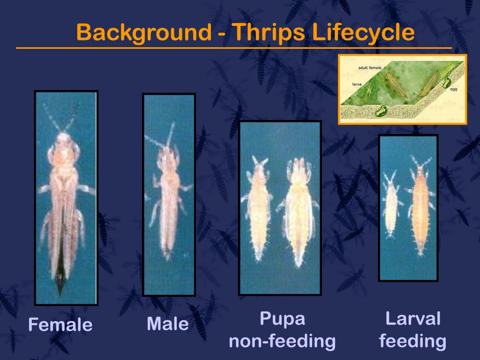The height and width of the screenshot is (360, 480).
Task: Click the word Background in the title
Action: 143,33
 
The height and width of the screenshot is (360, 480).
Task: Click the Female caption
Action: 60,325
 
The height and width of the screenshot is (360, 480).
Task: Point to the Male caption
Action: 167,324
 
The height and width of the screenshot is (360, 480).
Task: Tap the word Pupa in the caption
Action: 282,319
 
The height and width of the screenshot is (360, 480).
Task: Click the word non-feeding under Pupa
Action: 282,341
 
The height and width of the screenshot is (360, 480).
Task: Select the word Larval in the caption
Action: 412,319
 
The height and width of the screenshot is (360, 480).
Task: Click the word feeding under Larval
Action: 412,341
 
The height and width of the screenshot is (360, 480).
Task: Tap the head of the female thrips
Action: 63,141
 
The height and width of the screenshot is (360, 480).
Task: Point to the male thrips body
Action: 168,202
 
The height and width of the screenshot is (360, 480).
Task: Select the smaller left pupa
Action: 258,206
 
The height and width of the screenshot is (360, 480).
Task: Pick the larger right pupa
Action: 298,211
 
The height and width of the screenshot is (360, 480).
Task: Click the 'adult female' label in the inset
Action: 370,68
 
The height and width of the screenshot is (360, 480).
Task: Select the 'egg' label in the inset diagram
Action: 453,89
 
